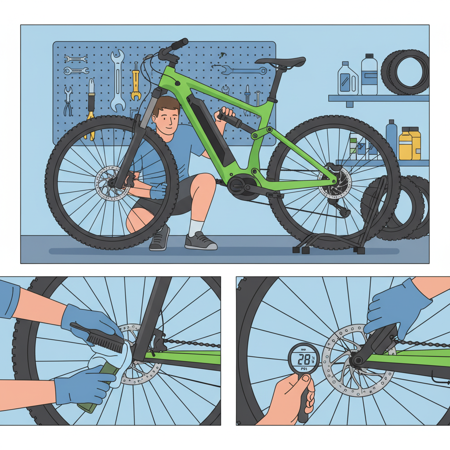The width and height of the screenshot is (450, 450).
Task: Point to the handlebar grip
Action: tap(179, 44)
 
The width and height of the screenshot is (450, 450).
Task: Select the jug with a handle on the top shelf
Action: tap(348, 80)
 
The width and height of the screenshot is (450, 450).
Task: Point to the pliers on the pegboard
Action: tap(68, 102)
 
